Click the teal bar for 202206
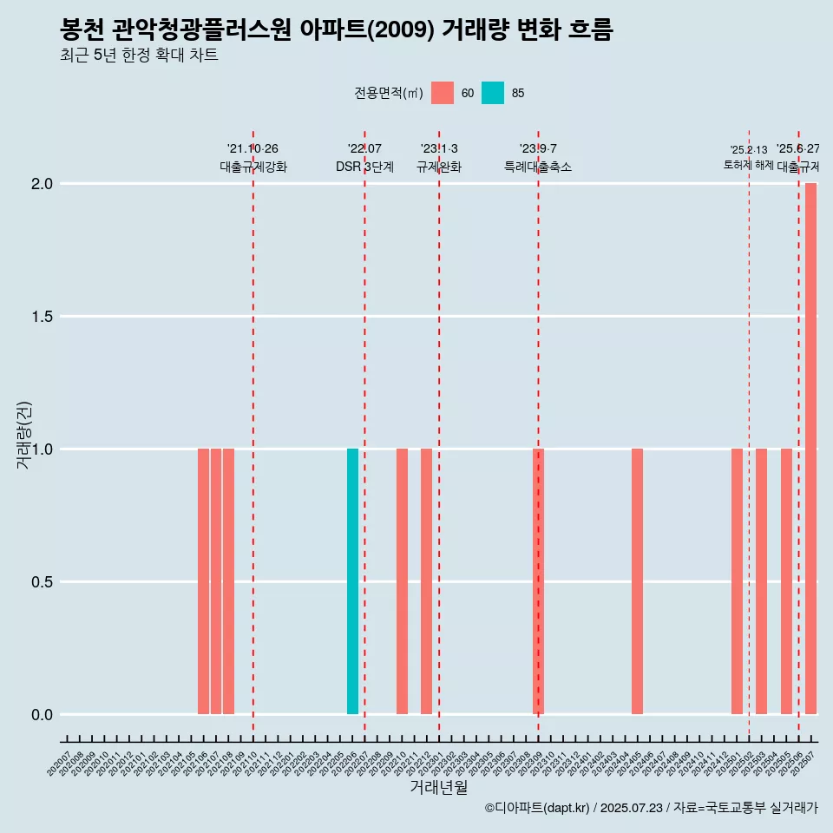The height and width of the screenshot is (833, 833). [x=352, y=581]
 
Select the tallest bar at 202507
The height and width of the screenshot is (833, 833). [x=810, y=449]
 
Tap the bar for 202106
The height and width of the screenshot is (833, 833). [x=203, y=581]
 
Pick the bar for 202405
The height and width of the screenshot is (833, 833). [x=637, y=581]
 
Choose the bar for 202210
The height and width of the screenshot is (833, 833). [x=402, y=581]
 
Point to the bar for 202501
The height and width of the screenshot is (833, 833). [x=737, y=581]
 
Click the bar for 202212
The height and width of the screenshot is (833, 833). [x=426, y=581]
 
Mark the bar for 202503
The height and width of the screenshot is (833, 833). [x=761, y=581]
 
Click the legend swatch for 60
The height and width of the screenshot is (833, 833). [x=443, y=93]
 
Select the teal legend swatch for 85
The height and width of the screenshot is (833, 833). [x=493, y=93]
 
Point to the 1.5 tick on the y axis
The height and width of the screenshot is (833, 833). [x=41, y=317]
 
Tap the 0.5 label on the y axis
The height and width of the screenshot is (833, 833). [x=41, y=582]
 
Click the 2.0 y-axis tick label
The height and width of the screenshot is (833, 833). [x=41, y=184]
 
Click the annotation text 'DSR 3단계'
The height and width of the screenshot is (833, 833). [x=364, y=167]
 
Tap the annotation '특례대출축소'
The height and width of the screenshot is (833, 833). [x=538, y=167]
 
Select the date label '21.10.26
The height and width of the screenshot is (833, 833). [x=253, y=149]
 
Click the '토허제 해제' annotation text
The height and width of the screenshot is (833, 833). [x=748, y=165]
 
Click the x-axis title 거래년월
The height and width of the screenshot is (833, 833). [x=438, y=788]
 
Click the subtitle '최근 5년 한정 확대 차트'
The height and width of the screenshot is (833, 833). [x=139, y=56]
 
